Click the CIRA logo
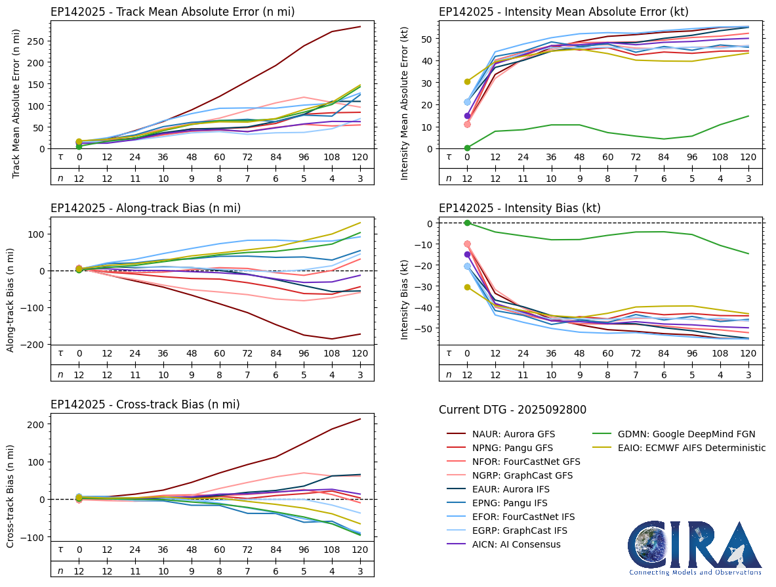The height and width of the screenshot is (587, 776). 695,548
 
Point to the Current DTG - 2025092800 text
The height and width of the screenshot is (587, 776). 512,410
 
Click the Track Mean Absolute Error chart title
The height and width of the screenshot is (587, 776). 173,12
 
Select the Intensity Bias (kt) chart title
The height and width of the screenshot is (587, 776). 520,208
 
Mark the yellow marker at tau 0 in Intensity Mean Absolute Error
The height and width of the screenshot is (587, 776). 467,81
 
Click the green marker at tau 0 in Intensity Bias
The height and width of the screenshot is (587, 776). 467,223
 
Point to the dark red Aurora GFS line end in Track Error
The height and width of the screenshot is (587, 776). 360,27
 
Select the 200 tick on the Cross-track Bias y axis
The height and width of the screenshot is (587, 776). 38,424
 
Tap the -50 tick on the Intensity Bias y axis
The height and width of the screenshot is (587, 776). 424,328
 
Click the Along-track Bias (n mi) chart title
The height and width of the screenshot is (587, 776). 146,208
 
